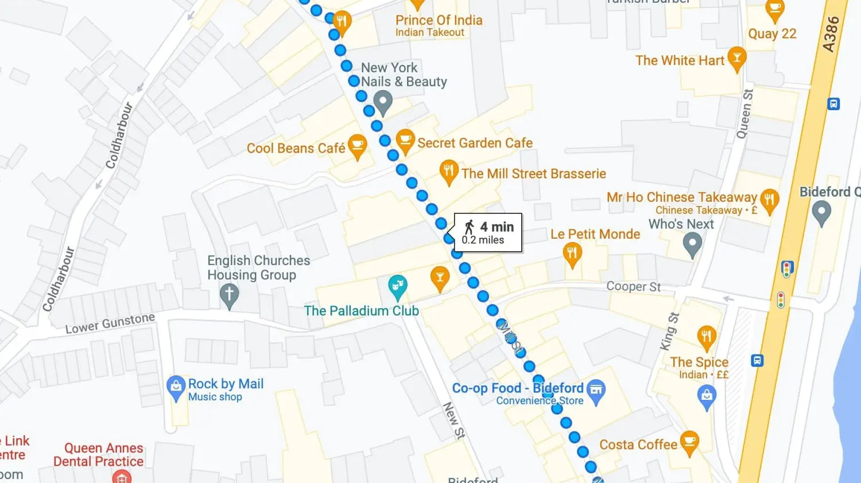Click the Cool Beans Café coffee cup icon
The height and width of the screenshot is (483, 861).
(357, 146)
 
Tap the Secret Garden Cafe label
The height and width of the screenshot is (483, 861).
(475, 143)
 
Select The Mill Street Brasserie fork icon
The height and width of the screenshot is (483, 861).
(448, 170)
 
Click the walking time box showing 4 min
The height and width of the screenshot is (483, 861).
(488, 232)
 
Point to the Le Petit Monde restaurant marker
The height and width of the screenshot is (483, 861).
(572, 253)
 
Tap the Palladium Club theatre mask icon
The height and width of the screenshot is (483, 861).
(397, 286)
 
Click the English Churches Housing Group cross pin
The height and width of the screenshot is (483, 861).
(229, 295)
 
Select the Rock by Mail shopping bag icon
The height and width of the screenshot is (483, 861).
(176, 387)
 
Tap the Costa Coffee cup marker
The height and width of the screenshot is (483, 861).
(689, 442)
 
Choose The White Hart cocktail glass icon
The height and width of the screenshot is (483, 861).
(736, 57)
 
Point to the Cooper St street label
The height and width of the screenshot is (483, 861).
(633, 286)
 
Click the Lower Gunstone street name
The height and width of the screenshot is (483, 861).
(110, 324)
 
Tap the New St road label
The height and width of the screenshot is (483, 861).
(453, 420)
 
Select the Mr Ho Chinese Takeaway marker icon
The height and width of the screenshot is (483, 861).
(769, 200)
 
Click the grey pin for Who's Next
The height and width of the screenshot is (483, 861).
(692, 244)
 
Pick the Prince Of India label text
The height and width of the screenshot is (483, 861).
(439, 20)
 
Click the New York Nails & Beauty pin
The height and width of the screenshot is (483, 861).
(383, 102)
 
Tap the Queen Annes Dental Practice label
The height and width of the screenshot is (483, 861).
(99, 454)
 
